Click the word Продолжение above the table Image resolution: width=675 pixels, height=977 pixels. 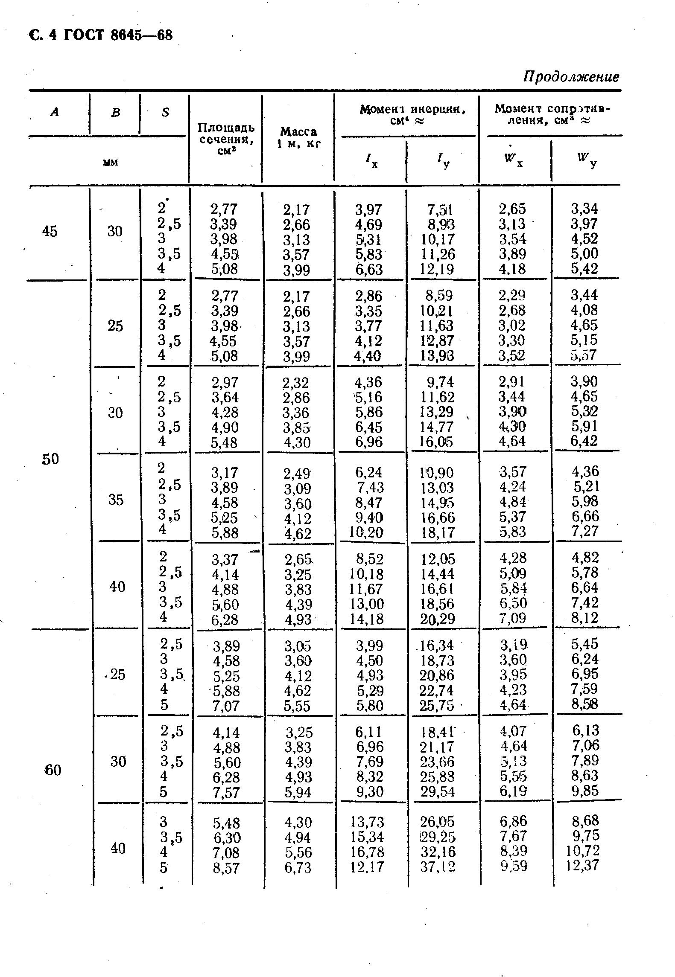tap(571, 77)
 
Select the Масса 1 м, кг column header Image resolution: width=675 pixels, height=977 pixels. tap(298, 137)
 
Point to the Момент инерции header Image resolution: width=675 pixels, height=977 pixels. tap(412, 115)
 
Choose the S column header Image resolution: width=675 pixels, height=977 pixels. tap(165, 112)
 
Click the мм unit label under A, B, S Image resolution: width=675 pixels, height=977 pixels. tap(110, 162)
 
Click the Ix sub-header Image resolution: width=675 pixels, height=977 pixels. tap(371, 161)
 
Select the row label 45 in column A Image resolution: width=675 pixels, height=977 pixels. tap(50, 231)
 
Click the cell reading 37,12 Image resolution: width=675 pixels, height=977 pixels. tap(438, 867)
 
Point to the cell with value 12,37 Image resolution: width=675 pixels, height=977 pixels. tap(583, 866)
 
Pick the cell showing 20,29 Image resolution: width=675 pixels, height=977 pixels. tap(438, 618)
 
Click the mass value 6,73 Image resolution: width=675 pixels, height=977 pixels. tap(298, 867)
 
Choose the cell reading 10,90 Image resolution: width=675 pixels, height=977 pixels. tap(438, 473)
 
